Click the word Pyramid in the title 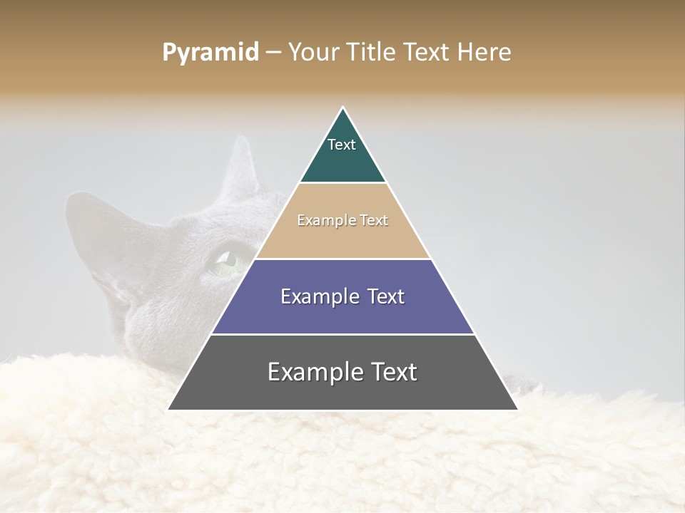210,53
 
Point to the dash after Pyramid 273,53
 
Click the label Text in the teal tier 342,145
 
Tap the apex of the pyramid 343,108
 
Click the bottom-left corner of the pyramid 169,409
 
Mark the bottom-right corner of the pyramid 517,409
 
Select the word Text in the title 427,53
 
